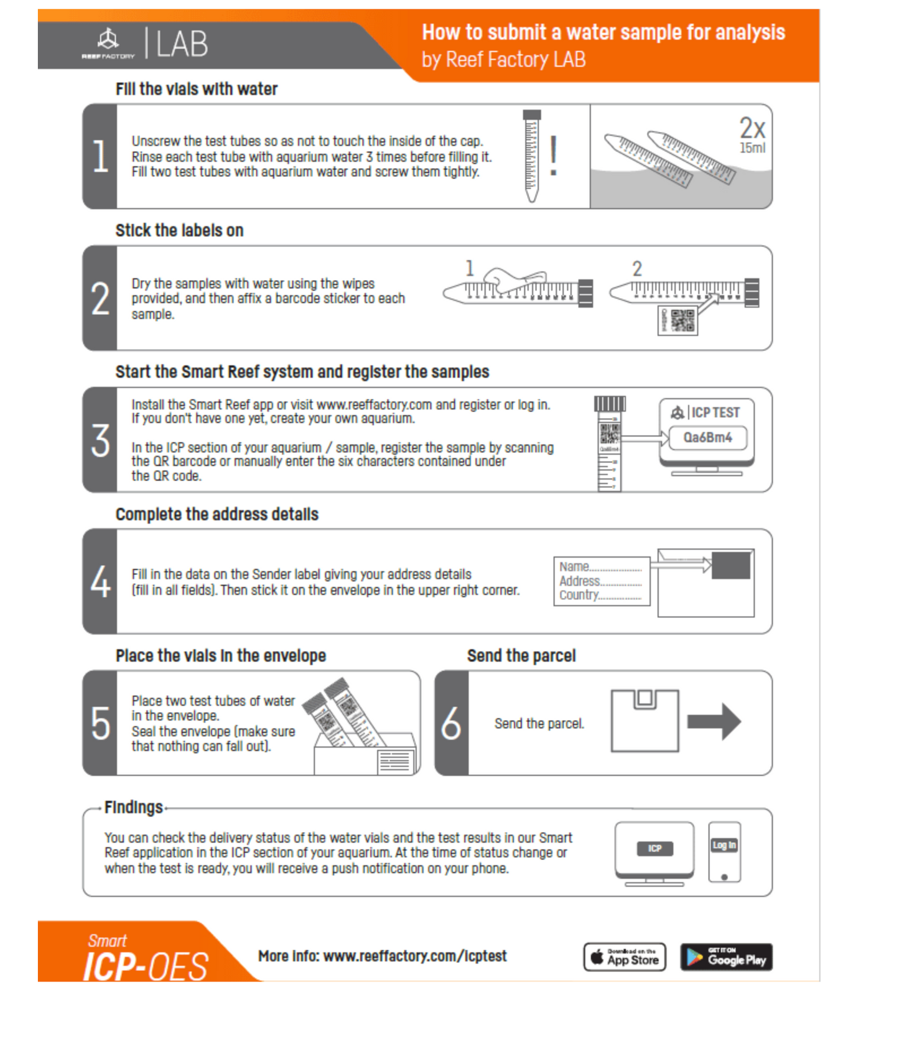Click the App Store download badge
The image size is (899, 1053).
[x=625, y=957]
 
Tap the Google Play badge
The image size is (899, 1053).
[x=726, y=957]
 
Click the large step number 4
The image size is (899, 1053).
[x=100, y=582]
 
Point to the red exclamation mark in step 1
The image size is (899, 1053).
[x=553, y=156]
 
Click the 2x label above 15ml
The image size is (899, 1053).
[x=752, y=128]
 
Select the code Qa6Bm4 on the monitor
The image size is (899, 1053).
[x=707, y=438]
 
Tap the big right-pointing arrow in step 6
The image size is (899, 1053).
[x=714, y=721]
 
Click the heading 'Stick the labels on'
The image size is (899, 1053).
[x=179, y=231]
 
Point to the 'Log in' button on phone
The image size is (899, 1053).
[x=724, y=845]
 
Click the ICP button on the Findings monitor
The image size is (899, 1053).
[x=654, y=848]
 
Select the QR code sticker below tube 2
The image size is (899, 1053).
[x=678, y=321]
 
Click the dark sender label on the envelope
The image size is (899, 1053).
[x=731, y=565]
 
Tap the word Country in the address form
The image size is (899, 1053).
[x=579, y=595]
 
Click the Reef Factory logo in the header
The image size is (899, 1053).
[x=108, y=44]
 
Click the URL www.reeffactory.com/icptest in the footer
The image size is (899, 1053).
[x=415, y=956]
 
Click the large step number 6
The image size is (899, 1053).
[x=451, y=723]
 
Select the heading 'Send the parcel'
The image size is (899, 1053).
[x=521, y=656]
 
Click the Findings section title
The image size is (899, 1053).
[x=133, y=807]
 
